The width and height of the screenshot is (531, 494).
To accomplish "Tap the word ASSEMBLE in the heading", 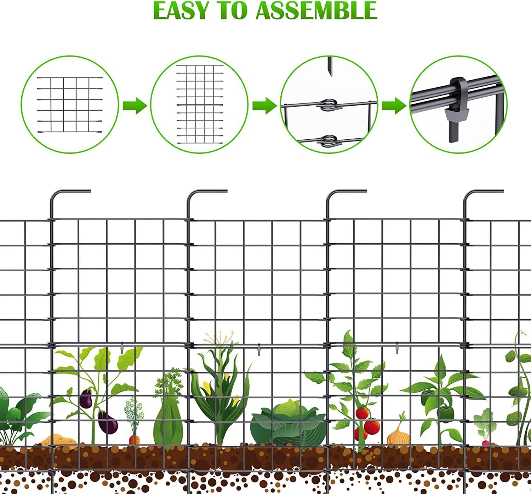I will tap(316, 11).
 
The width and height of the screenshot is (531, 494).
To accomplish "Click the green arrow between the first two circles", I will tap(135, 105).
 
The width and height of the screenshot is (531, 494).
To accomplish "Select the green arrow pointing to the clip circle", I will tap(394, 105).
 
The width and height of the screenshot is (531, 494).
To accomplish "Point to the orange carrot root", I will tap(134, 440).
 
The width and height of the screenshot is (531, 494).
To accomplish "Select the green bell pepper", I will tap(445, 413).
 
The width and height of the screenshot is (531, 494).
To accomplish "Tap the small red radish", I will tap(485, 443).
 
